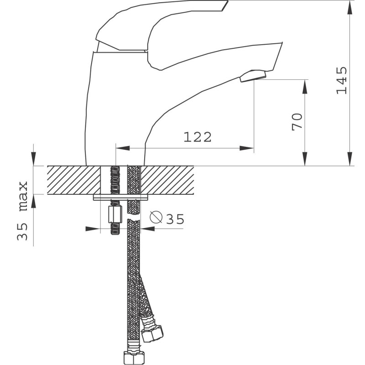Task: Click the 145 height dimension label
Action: coord(342,80)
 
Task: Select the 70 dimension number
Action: coord(297,122)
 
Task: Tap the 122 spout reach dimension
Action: coord(198,137)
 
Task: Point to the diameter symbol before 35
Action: coord(156,217)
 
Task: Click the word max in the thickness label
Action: coord(23,196)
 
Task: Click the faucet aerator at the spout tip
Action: coord(253,76)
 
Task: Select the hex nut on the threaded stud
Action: coord(115,214)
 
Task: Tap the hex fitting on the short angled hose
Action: coord(153,334)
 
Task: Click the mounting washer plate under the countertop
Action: coord(120,197)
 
